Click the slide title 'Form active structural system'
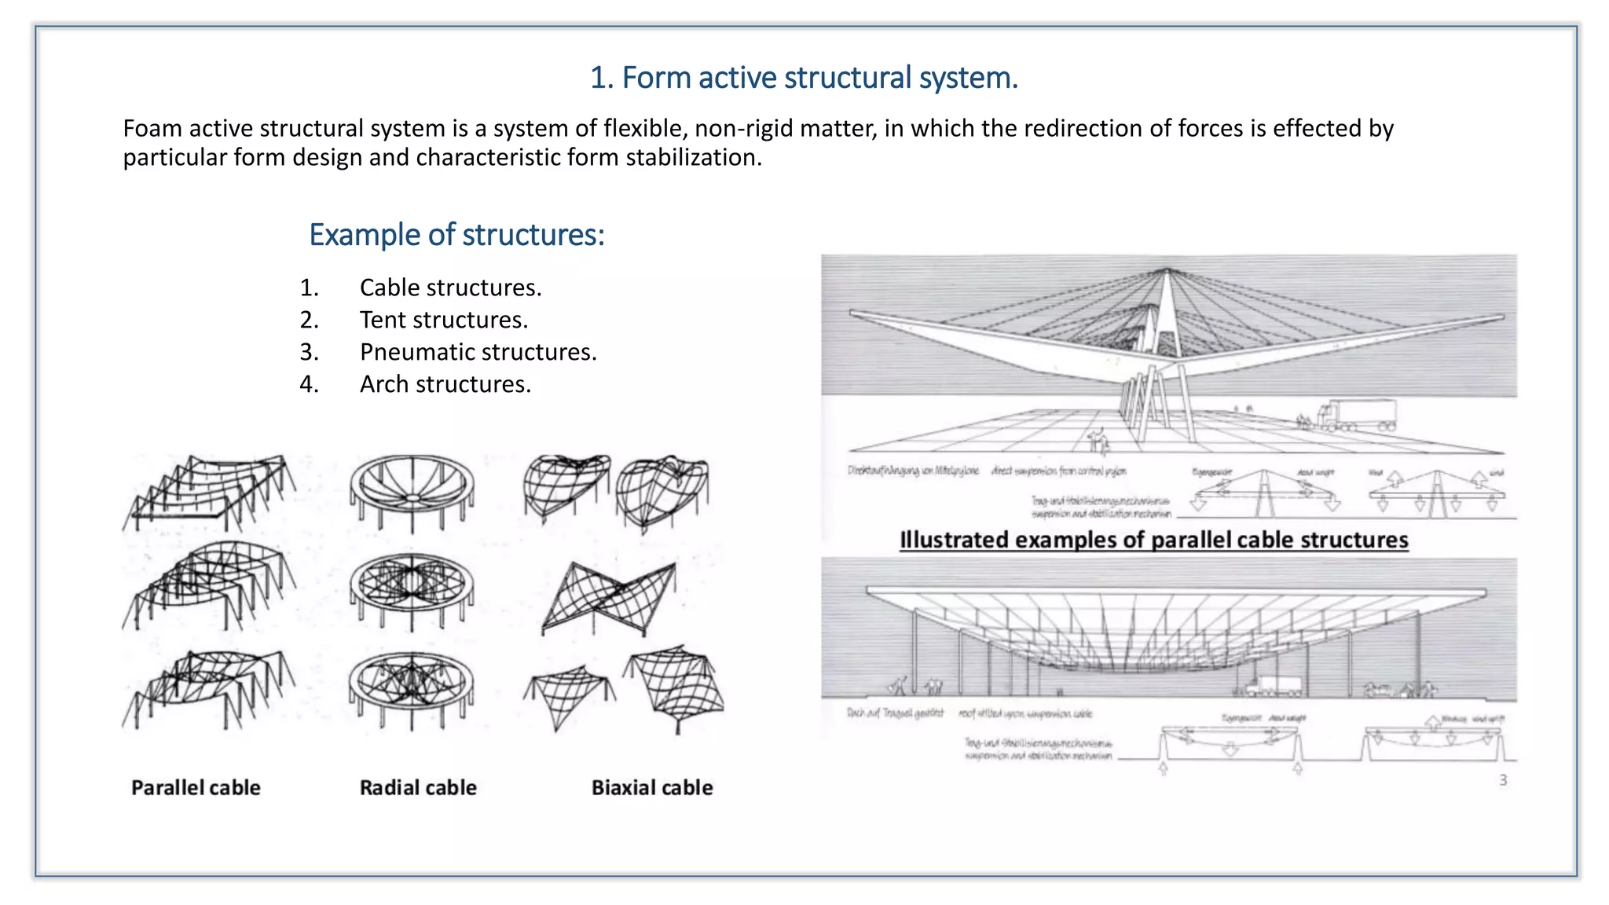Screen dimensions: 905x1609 [804, 78]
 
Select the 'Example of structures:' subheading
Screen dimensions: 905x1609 [456, 235]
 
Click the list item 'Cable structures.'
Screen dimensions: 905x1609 [450, 288]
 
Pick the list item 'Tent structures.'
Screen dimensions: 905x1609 [443, 321]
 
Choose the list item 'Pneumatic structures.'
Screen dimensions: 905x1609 [478, 353]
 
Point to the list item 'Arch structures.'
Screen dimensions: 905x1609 [445, 385]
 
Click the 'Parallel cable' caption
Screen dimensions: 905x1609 [196, 788]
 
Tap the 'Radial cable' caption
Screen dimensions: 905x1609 [418, 788]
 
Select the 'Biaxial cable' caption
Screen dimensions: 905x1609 [652, 788]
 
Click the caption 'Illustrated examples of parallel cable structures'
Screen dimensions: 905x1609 [1153, 540]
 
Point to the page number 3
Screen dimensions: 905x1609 [1503, 780]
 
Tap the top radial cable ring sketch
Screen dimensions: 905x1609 [412, 491]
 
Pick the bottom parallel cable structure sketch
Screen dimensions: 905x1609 [208, 687]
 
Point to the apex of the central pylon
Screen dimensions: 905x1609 [1167, 271]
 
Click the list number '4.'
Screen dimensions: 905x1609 [309, 385]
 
